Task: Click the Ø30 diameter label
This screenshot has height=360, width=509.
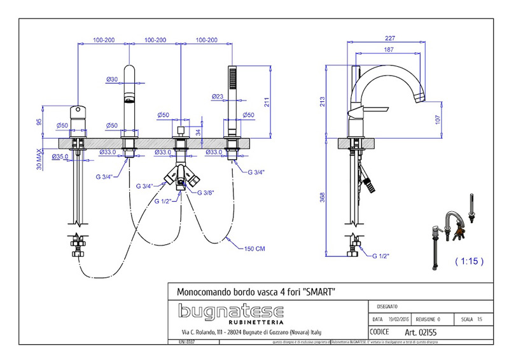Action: (112, 80)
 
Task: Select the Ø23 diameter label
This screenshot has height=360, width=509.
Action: (217, 97)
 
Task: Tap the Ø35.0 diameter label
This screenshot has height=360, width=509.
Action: (60, 156)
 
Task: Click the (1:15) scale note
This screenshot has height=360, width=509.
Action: (470, 261)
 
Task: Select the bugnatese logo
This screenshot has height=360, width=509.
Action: (230, 312)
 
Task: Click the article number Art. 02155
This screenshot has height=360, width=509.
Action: (421, 332)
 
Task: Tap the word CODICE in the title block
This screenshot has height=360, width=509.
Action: (379, 332)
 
